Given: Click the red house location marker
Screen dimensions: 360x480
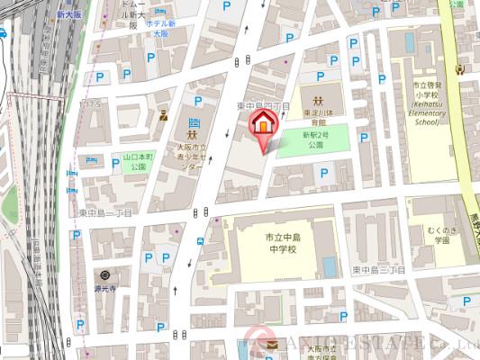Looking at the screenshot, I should [x=261, y=127].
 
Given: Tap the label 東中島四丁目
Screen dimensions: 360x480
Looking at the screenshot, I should [x=262, y=106].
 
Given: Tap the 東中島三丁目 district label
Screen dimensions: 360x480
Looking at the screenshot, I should [x=376, y=270].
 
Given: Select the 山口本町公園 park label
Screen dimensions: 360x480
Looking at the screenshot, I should [x=126, y=160].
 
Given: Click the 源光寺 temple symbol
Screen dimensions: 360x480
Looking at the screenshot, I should [x=104, y=274].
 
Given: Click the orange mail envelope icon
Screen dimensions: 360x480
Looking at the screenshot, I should [x=271, y=346].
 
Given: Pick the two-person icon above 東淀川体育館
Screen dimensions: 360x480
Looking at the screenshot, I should [x=318, y=99].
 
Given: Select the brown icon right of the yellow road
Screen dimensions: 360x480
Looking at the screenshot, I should [x=461, y=67].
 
